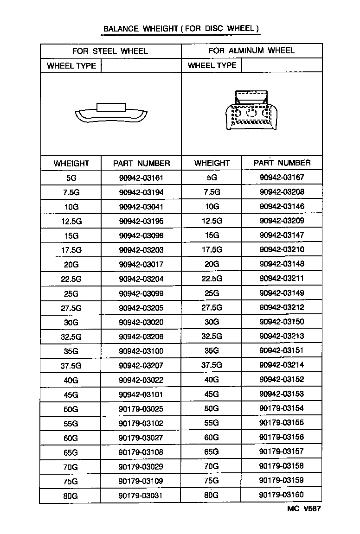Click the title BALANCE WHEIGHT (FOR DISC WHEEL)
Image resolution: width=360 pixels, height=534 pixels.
tap(180, 29)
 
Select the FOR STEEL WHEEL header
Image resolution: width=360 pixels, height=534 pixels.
tap(110, 51)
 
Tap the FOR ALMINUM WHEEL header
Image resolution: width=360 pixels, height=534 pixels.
tap(251, 51)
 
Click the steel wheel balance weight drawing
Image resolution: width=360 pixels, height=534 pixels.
tap(110, 114)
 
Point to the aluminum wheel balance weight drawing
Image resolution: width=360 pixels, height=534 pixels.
tap(251, 111)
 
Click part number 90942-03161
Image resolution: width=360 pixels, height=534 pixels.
tap(141, 178)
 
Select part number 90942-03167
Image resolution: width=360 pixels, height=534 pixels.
tap(282, 177)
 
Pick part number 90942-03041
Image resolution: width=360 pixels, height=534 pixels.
tap(141, 207)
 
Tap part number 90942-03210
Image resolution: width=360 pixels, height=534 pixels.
tap(282, 250)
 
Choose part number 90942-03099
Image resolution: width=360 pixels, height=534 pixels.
tap(141, 293)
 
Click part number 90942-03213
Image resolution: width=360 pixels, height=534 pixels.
tap(282, 336)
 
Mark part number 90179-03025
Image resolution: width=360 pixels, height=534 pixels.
tap(141, 409)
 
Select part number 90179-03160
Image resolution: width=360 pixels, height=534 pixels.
tap(282, 495)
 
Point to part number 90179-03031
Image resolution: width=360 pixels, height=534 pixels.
tap(141, 496)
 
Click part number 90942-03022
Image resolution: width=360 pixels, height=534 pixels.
tap(141, 380)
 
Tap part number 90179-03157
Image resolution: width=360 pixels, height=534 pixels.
tap(282, 451)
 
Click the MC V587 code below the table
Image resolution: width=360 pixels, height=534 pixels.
tap(304, 509)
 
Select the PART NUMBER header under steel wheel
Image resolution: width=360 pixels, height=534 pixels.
tap(141, 163)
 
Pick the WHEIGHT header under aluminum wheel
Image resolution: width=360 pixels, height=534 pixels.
tap(212, 163)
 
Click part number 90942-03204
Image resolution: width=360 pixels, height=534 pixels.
tap(141, 279)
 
